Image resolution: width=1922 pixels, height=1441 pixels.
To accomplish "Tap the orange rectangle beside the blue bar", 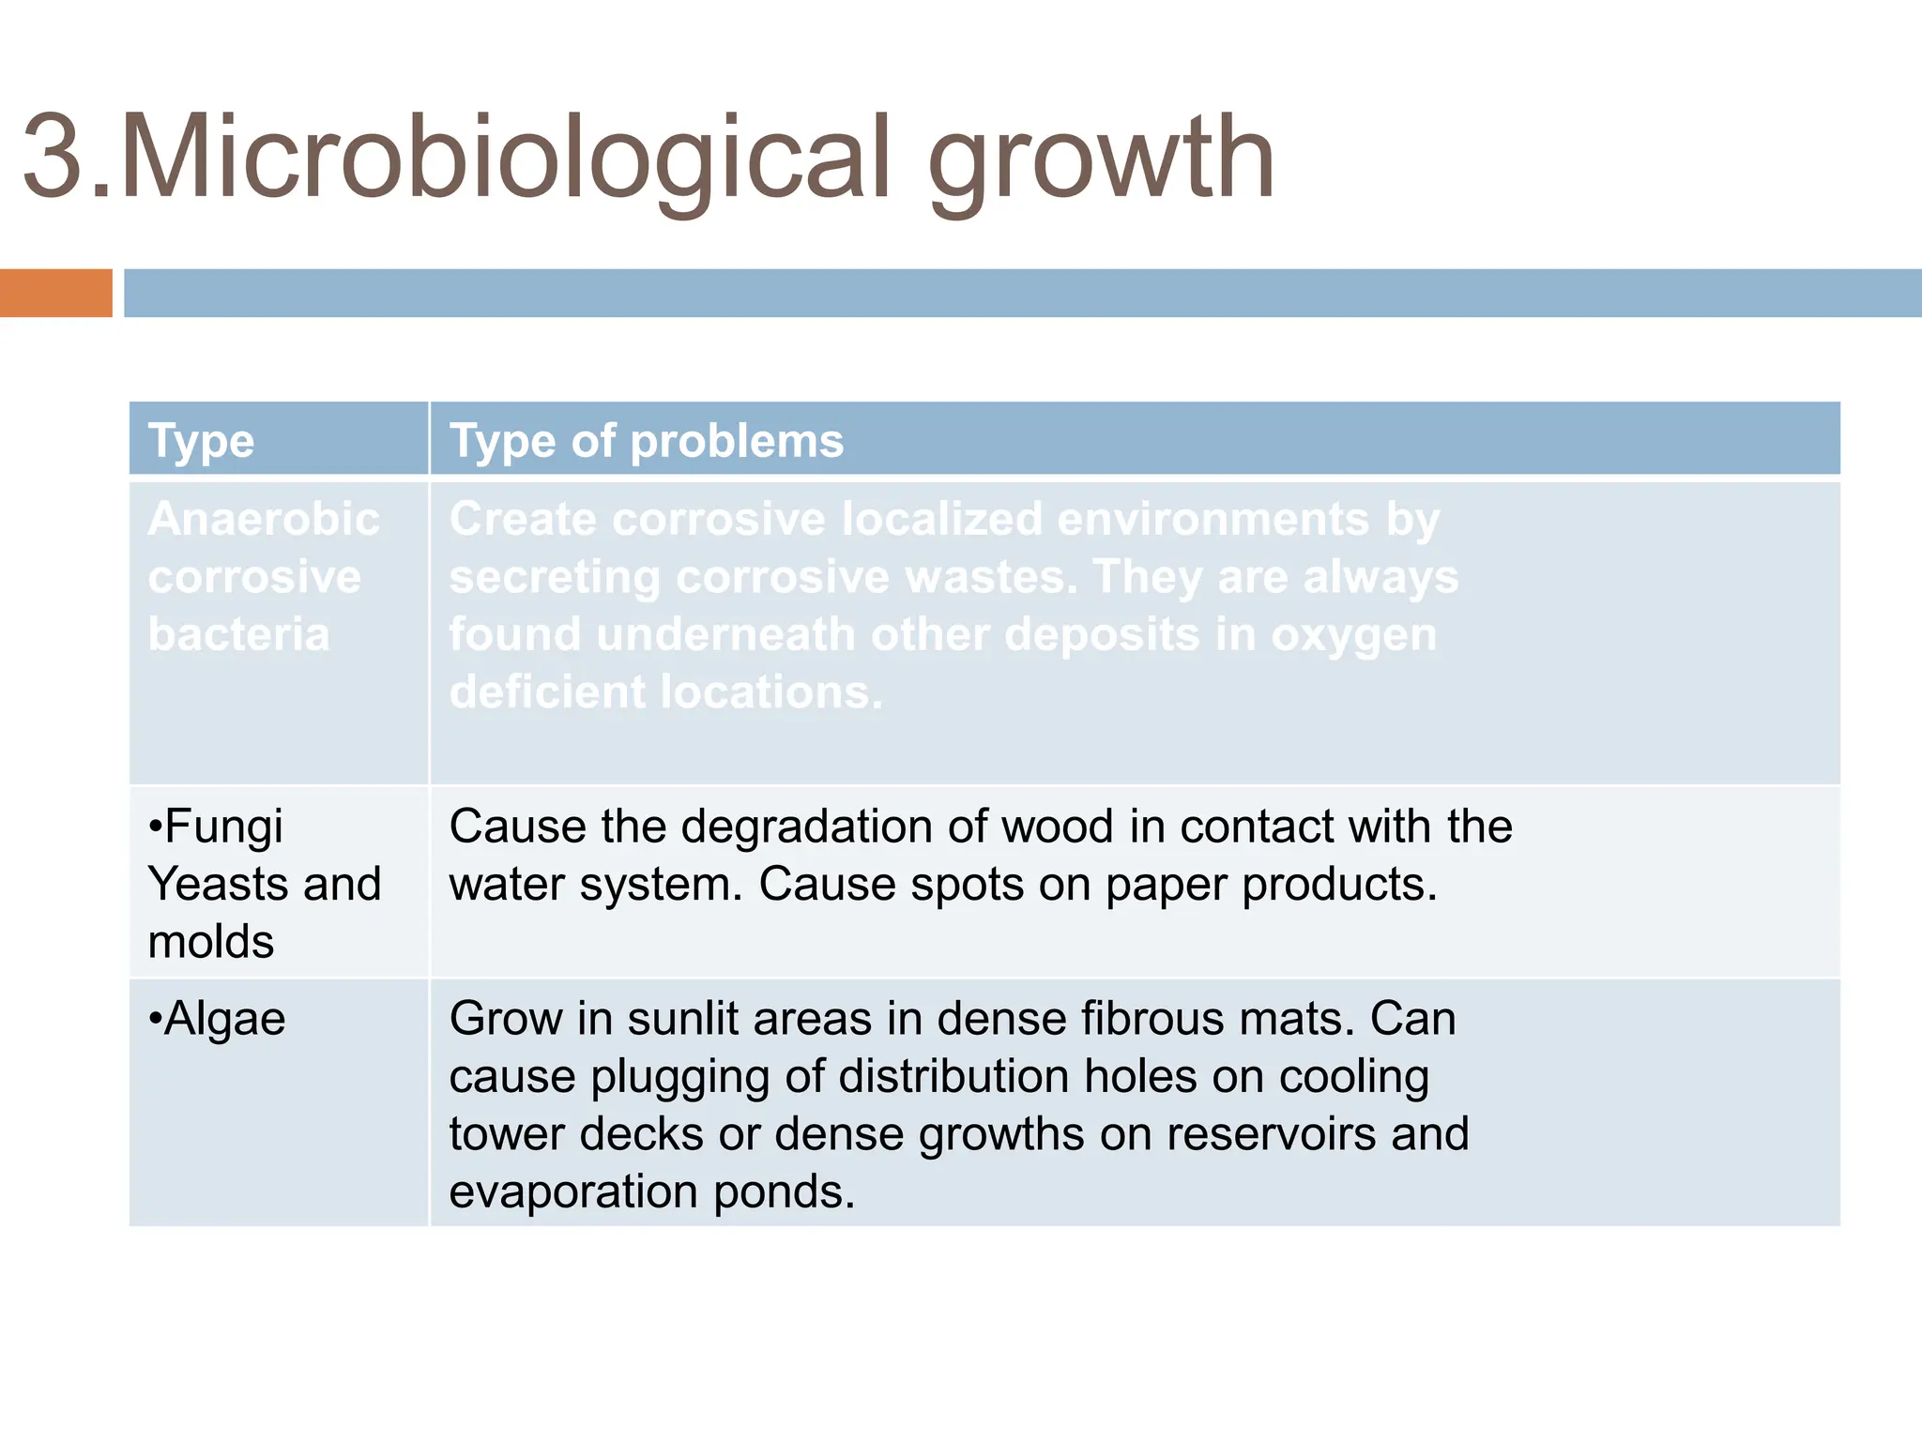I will pos(55,293).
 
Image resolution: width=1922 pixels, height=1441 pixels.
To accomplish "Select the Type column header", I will pos(201,441).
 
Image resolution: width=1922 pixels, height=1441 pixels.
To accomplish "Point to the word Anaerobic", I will pos(264,519).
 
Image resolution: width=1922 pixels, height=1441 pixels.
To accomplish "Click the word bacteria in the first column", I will pos(239,634).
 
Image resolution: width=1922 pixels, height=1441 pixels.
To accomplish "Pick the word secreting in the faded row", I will pos(555,577).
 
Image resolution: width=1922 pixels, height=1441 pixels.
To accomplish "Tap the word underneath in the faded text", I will pos(725,634).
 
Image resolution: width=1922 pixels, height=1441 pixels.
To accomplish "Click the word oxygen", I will pos(1353,636).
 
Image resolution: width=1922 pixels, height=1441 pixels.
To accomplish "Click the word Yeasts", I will pos(218,885).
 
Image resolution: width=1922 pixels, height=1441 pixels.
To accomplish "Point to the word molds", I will pos(211,942).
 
